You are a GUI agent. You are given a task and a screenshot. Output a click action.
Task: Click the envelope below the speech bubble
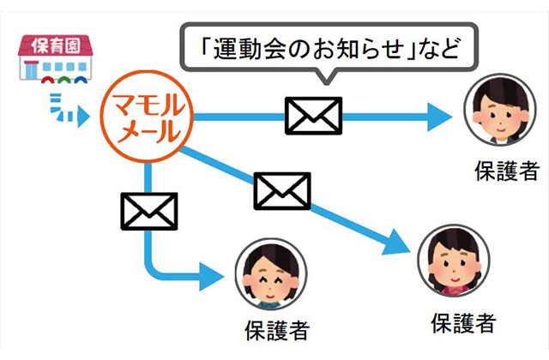[313, 115]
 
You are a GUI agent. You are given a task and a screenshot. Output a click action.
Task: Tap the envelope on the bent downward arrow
[149, 210]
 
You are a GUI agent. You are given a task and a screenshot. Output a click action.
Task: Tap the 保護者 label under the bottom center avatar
[274, 328]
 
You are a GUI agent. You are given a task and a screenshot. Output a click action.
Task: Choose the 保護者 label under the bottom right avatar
[462, 323]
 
